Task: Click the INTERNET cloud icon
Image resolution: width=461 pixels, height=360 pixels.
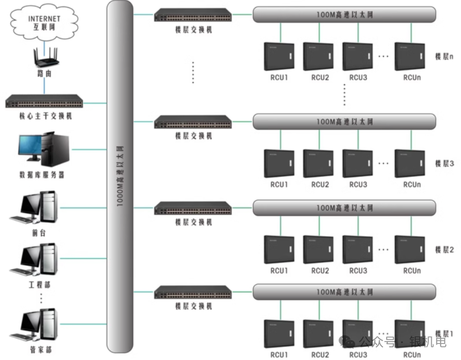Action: click(44, 21)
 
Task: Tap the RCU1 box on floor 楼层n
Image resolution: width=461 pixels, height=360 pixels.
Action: click(279, 57)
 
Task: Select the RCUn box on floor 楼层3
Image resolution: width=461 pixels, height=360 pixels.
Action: click(410, 164)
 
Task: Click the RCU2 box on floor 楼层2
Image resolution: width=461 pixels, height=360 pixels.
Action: click(318, 250)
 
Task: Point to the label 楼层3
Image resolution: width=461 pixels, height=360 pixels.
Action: click(444, 164)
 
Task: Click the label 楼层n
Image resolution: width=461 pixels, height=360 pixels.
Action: click(444, 57)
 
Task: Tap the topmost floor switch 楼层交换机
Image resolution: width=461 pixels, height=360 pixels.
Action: click(193, 16)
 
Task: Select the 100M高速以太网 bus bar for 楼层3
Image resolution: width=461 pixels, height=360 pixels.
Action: click(344, 121)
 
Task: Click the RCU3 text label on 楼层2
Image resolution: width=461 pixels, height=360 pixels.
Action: click(358, 271)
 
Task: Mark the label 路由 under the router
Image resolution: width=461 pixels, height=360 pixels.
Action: click(44, 74)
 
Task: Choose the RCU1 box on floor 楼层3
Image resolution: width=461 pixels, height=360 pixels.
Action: click(279, 164)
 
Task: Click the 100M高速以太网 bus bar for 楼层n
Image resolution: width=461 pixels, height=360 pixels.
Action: click(344, 14)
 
